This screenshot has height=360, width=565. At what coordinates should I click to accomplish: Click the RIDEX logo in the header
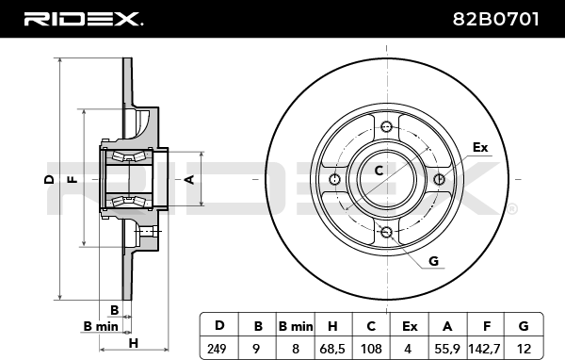(83, 19)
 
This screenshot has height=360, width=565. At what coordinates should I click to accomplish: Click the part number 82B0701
(495, 19)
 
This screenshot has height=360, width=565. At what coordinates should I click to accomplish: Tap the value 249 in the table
(217, 349)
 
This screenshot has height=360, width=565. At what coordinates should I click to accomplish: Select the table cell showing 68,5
(331, 349)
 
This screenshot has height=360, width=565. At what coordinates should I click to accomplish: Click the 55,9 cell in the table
(446, 349)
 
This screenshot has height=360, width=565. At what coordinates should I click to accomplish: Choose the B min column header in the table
(296, 326)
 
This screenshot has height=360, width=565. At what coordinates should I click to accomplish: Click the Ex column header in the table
(410, 326)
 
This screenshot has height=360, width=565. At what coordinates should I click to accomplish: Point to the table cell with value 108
(371, 349)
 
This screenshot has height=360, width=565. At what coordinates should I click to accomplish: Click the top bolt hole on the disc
(386, 126)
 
